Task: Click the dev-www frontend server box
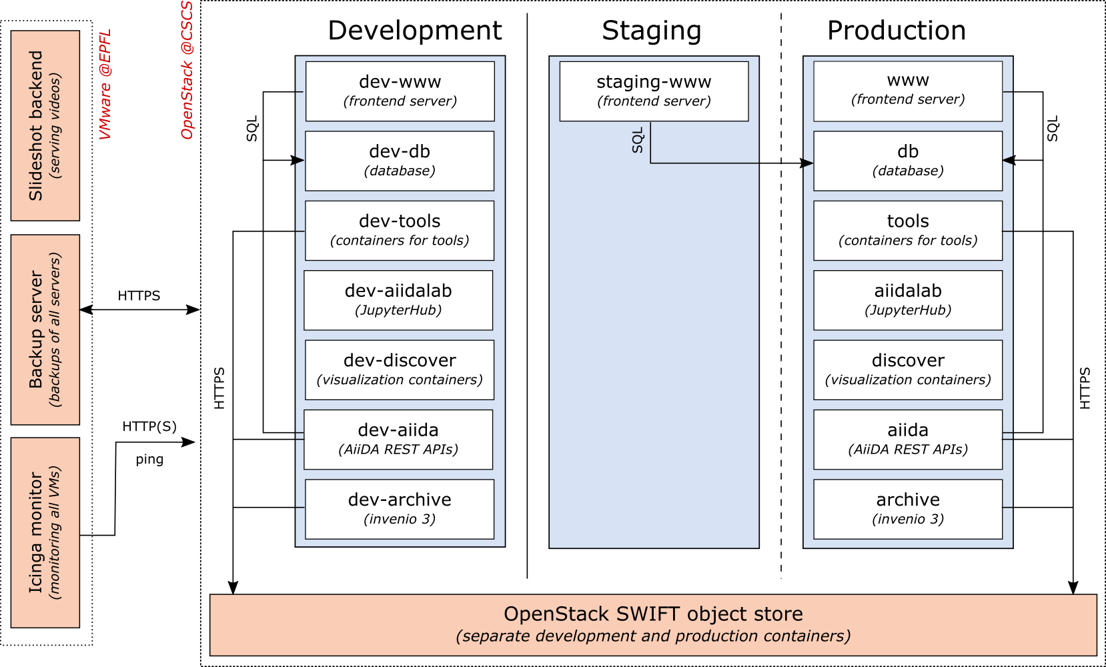click(400, 91)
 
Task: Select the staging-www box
click(654, 91)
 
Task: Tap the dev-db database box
click(400, 161)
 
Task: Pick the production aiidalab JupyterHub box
click(908, 300)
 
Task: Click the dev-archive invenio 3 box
click(400, 509)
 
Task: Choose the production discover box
click(908, 370)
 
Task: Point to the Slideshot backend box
click(45, 126)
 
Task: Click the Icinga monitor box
click(45, 533)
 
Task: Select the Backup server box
click(45, 329)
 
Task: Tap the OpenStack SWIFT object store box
click(653, 625)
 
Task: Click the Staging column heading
click(651, 31)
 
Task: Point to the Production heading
click(896, 31)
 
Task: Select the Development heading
click(415, 31)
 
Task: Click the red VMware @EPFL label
click(105, 85)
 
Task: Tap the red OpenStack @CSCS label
click(187, 70)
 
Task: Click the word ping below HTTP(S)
click(149, 460)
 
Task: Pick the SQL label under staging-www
click(638, 140)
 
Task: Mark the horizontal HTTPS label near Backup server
click(139, 295)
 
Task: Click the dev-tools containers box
click(400, 231)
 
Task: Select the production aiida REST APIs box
click(908, 440)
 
